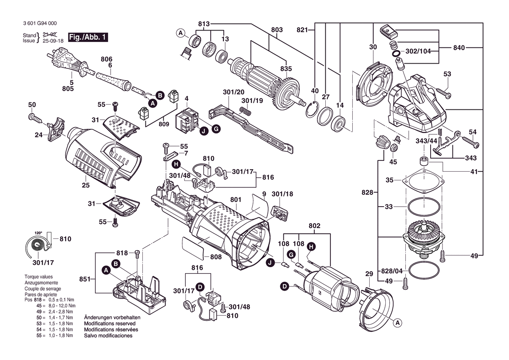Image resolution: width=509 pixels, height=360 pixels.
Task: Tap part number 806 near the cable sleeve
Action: click(107, 59)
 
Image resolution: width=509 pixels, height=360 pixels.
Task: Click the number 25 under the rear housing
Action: click(85, 186)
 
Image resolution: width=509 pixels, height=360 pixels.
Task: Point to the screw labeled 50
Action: click(34, 117)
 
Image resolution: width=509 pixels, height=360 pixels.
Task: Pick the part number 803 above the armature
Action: click(277, 30)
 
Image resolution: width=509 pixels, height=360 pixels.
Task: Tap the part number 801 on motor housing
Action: click(236, 200)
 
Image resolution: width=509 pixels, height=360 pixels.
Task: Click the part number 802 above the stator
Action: click(314, 226)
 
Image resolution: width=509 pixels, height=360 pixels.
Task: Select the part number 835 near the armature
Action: click(286, 68)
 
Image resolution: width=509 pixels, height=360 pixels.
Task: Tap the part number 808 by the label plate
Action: click(216, 257)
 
